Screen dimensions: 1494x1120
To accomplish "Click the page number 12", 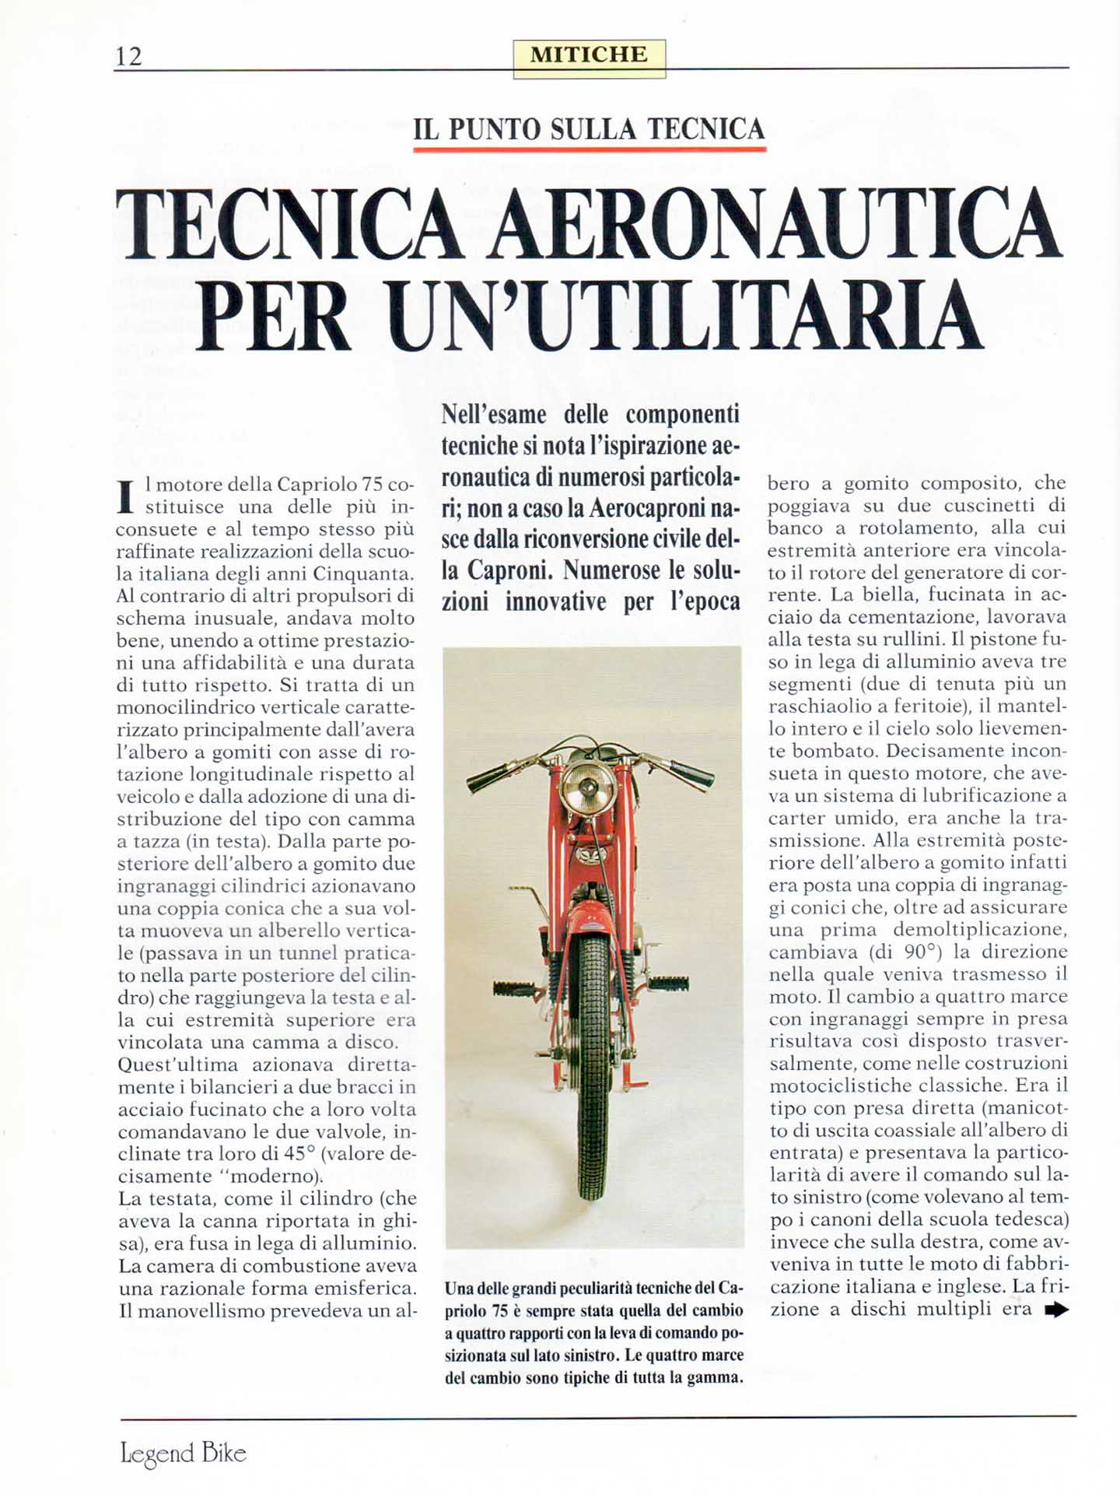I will tap(129, 56).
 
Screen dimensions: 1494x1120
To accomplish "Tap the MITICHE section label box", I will tap(589, 57).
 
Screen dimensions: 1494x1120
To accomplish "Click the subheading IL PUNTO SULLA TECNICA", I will tap(589, 129).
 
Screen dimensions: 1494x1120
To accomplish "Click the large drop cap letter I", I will tap(125, 497).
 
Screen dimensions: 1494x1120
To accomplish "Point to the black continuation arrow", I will tap(1055, 1310).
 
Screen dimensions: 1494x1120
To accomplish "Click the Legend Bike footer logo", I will tap(184, 1453).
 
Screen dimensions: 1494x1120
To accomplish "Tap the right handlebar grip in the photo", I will tap(691, 773).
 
